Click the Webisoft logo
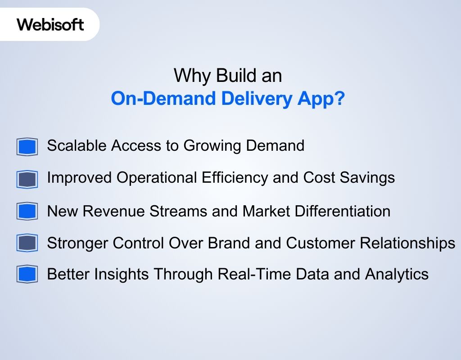(50, 24)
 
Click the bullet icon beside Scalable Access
(27, 147)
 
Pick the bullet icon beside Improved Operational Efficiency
(27, 179)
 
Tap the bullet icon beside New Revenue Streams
(27, 211)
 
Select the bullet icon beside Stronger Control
(27, 243)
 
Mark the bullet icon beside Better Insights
(27, 274)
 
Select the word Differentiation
(342, 211)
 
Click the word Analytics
(397, 274)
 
